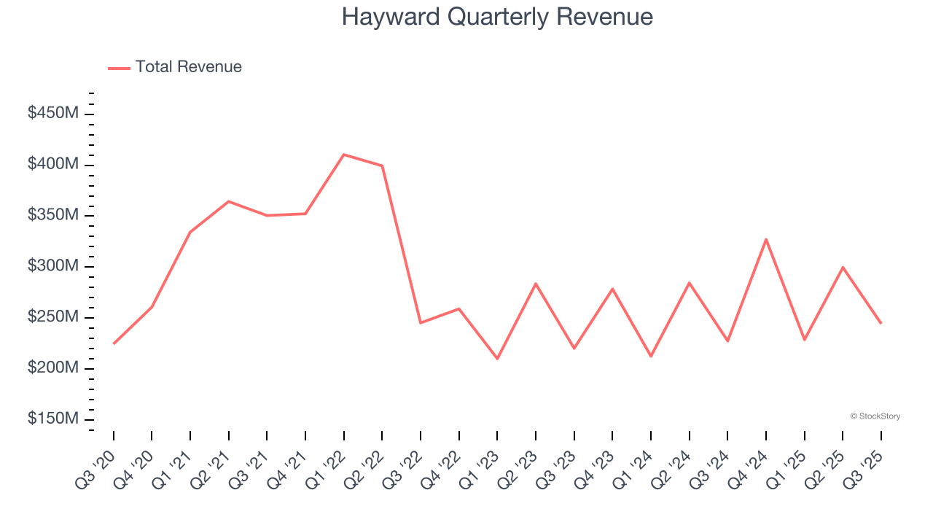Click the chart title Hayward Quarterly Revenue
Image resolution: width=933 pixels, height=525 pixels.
click(x=497, y=17)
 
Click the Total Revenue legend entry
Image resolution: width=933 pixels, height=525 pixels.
click(x=175, y=67)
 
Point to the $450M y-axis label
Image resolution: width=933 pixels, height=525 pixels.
click(x=53, y=114)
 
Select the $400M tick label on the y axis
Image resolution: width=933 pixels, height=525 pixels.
click(x=53, y=165)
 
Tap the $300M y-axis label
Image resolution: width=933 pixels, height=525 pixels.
click(x=53, y=266)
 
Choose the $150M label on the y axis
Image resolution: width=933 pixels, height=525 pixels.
click(x=53, y=419)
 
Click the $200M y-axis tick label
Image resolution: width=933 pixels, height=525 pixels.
click(x=53, y=367)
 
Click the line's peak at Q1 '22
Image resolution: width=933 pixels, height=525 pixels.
click(x=343, y=155)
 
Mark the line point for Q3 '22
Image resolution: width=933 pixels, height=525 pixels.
click(x=421, y=322)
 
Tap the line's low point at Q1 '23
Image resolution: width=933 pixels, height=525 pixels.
click(x=497, y=359)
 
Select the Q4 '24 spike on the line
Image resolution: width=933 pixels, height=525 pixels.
click(x=766, y=239)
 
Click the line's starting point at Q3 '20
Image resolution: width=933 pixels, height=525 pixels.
click(x=114, y=343)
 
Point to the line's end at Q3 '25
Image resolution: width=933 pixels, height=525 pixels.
click(x=881, y=323)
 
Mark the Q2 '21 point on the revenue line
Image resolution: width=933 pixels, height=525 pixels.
click(x=229, y=201)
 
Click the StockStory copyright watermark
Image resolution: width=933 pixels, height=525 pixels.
click(x=875, y=416)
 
